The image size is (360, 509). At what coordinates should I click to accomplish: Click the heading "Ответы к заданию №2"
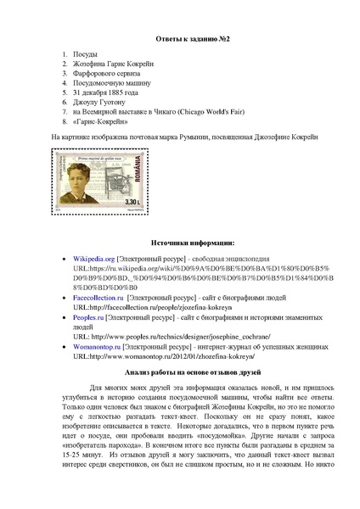pyautogui.click(x=179, y=40)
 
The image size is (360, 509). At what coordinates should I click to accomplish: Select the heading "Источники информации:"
pyautogui.click(x=179, y=243)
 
